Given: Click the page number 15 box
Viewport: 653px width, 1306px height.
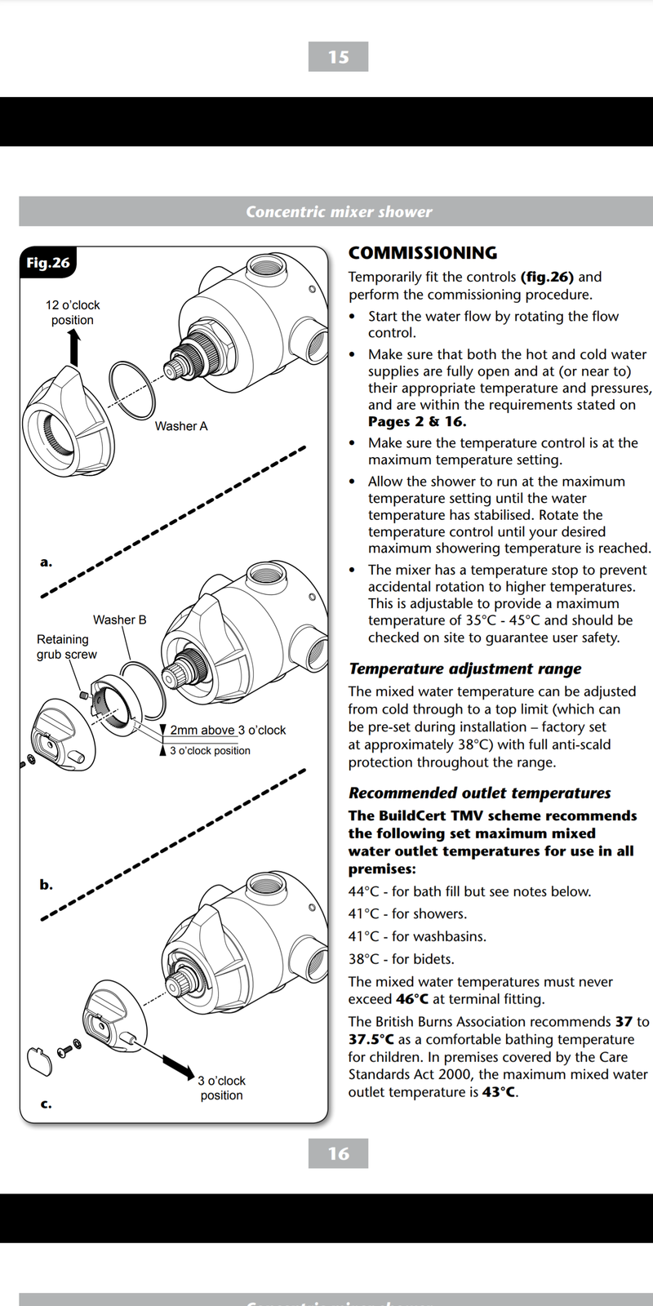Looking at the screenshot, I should coord(338,57).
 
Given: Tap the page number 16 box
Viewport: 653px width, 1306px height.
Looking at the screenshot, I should coord(338,1153).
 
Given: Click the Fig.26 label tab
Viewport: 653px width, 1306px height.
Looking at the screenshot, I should coord(48,263).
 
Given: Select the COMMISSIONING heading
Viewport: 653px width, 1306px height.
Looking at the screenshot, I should coord(422,253).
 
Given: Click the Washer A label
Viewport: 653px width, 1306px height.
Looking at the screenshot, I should coord(181,426).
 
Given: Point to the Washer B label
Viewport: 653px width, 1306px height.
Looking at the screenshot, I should coord(119,620).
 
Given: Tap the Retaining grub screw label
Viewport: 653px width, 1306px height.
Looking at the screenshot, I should coord(65,646).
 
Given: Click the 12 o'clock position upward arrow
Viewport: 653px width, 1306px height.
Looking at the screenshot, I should coord(74,348).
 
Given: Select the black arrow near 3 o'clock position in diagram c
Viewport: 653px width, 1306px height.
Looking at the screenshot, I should coord(177,1064).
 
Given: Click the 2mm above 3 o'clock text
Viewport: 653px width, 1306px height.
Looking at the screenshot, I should coord(228,730).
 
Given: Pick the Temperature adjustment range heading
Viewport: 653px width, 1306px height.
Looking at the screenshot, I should coord(464,669).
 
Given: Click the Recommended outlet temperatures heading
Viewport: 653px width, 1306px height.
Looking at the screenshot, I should coord(479,793).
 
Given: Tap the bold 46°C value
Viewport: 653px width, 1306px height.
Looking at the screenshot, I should coord(412,999).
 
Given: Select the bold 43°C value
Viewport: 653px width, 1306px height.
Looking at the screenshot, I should coord(500,1092).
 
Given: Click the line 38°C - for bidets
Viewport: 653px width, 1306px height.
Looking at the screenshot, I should coord(401,959).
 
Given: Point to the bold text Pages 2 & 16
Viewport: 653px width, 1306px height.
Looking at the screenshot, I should coord(417,422).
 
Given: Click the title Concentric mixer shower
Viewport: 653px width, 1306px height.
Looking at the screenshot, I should coord(338,211).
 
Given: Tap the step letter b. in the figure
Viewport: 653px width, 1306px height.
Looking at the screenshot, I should coord(46,884).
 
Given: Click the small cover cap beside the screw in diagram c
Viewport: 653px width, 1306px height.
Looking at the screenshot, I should coord(38,1060).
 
